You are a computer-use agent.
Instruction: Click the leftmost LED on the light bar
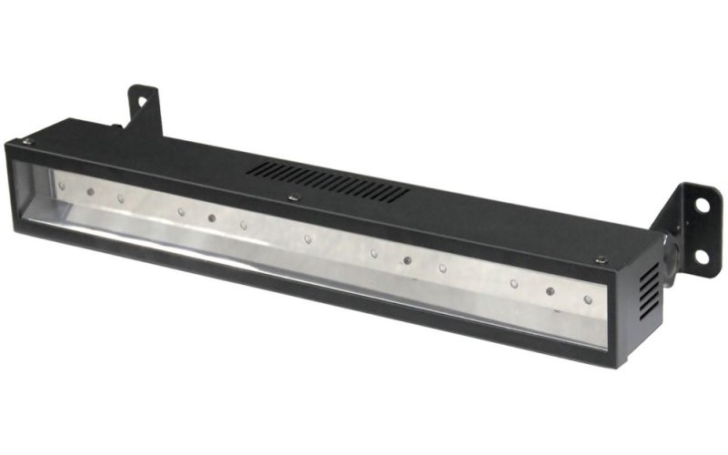[x=62, y=185]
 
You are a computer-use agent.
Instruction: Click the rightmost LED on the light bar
[x=588, y=298]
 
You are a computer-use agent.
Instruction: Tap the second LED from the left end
[x=89, y=191]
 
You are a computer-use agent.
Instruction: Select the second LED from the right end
[x=551, y=291]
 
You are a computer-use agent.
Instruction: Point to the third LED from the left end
[x=120, y=197]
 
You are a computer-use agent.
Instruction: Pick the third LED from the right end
[x=513, y=284]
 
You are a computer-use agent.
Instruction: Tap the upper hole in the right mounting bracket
[x=701, y=206]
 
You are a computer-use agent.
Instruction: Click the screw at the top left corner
[x=28, y=141]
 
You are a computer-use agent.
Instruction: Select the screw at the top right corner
[x=601, y=260]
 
